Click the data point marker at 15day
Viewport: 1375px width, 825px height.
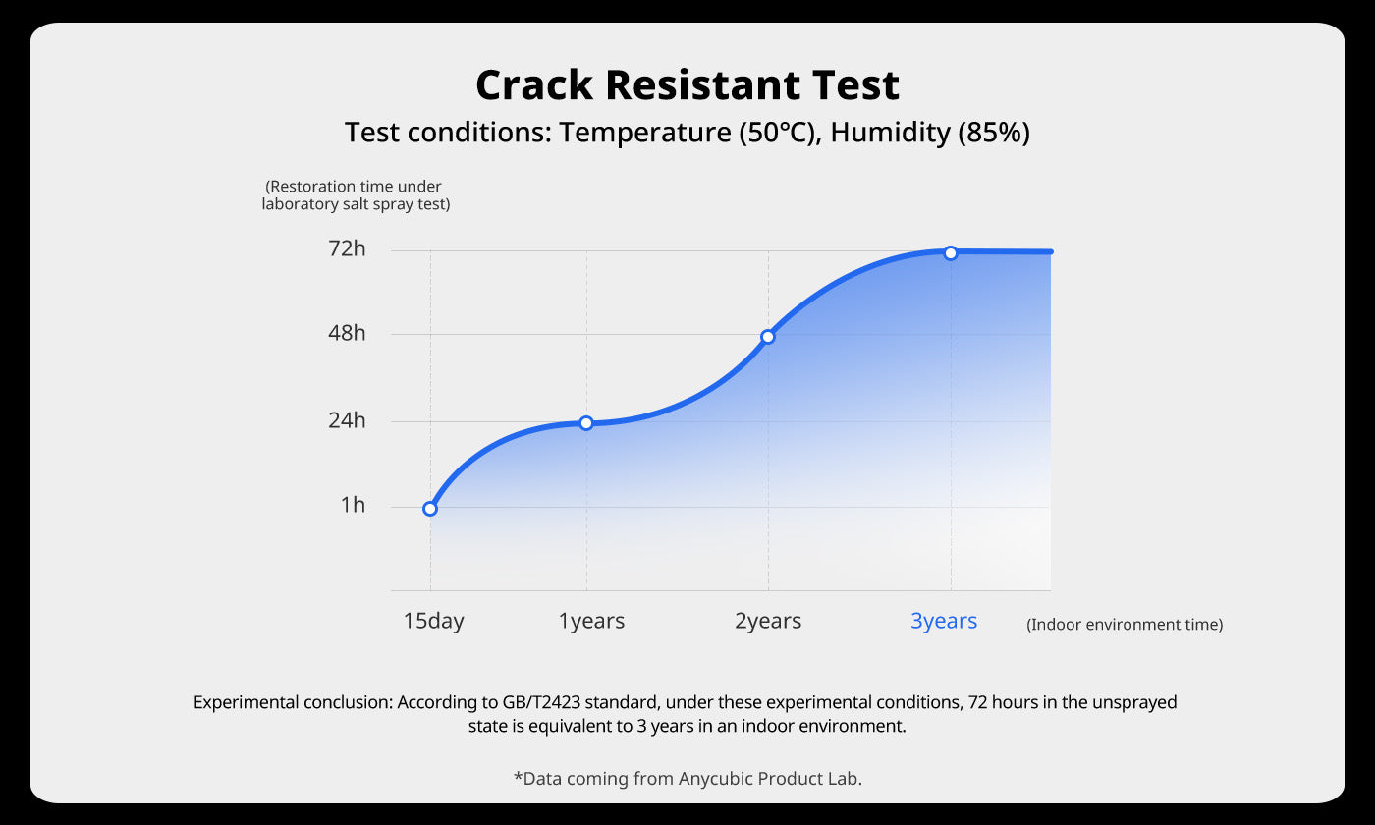tap(430, 509)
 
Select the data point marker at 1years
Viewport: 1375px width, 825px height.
tap(586, 423)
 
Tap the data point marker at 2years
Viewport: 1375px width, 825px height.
tap(768, 336)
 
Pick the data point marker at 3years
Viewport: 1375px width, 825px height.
tap(951, 253)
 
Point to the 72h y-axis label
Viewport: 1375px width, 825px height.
tap(347, 248)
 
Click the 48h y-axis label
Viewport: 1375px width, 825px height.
tap(347, 333)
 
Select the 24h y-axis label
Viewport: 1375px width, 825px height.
tap(347, 420)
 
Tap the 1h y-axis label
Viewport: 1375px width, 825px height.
tap(353, 505)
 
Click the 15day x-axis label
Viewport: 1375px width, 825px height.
tap(433, 621)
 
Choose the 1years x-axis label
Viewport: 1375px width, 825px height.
tap(591, 621)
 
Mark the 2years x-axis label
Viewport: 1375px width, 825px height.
tap(768, 621)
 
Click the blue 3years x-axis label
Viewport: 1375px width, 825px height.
tap(944, 621)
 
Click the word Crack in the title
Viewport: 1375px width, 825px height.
tap(534, 84)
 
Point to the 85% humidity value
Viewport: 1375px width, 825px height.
tap(994, 133)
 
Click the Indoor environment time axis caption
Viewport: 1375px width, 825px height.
tap(1125, 625)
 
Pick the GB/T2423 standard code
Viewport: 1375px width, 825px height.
tap(541, 702)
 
